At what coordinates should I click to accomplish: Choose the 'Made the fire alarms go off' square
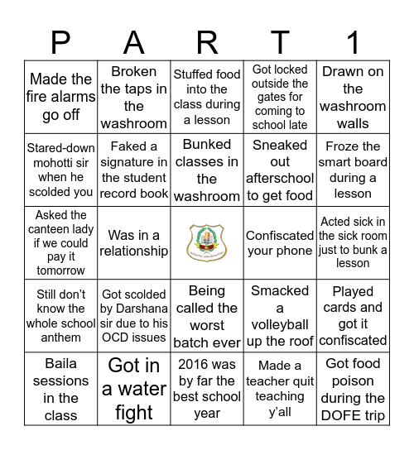60,98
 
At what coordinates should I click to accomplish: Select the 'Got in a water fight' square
133,389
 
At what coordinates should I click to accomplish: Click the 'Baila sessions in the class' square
60,389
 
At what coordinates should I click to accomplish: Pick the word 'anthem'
60,337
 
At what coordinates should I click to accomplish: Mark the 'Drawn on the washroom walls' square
354,98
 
